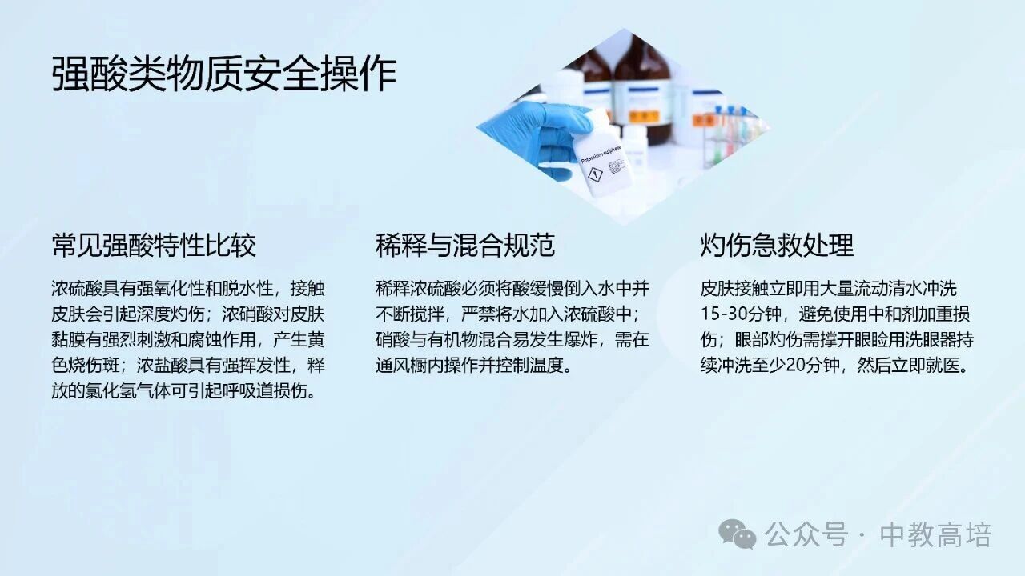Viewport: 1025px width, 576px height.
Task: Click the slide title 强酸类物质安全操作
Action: click(224, 74)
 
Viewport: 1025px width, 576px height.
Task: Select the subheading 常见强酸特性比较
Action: click(154, 245)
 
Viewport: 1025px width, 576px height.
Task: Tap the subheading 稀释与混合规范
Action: click(465, 245)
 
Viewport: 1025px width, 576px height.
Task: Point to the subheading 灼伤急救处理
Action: click(777, 245)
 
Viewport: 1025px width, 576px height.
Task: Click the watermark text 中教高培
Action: click(935, 534)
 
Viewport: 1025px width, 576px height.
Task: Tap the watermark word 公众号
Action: click(807, 534)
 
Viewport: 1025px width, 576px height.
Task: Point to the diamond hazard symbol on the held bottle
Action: click(594, 174)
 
